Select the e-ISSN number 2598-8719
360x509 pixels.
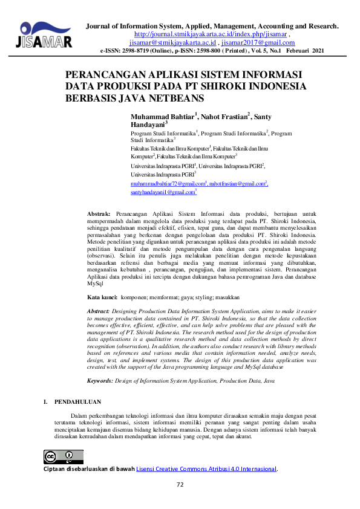[141, 52]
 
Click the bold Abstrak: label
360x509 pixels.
[99, 215]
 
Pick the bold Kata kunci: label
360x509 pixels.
[102, 298]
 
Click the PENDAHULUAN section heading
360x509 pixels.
[78, 401]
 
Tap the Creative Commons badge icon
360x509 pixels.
[64, 456]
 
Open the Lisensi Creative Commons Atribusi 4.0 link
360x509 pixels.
[206, 468]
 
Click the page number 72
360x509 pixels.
[180, 485]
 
